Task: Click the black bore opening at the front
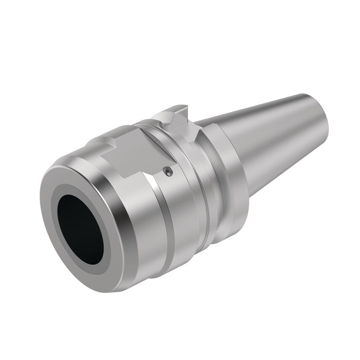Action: click(80, 228)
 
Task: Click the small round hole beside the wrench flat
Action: click(168, 171)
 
